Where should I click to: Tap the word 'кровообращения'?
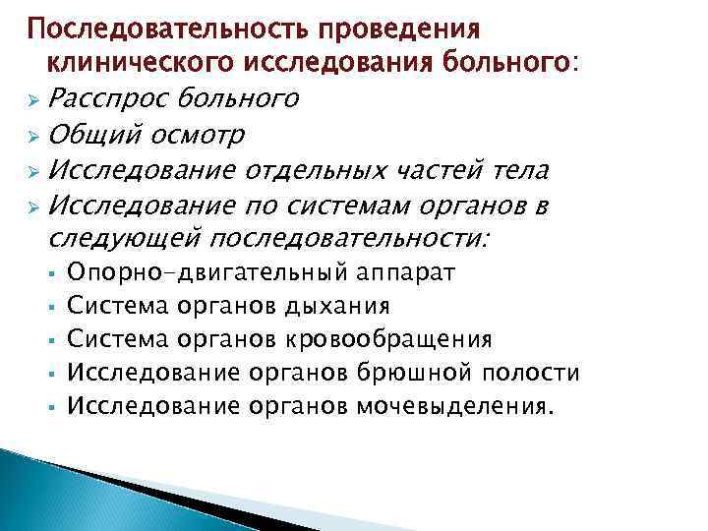(x=387, y=340)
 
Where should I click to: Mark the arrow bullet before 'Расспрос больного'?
(x=33, y=99)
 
